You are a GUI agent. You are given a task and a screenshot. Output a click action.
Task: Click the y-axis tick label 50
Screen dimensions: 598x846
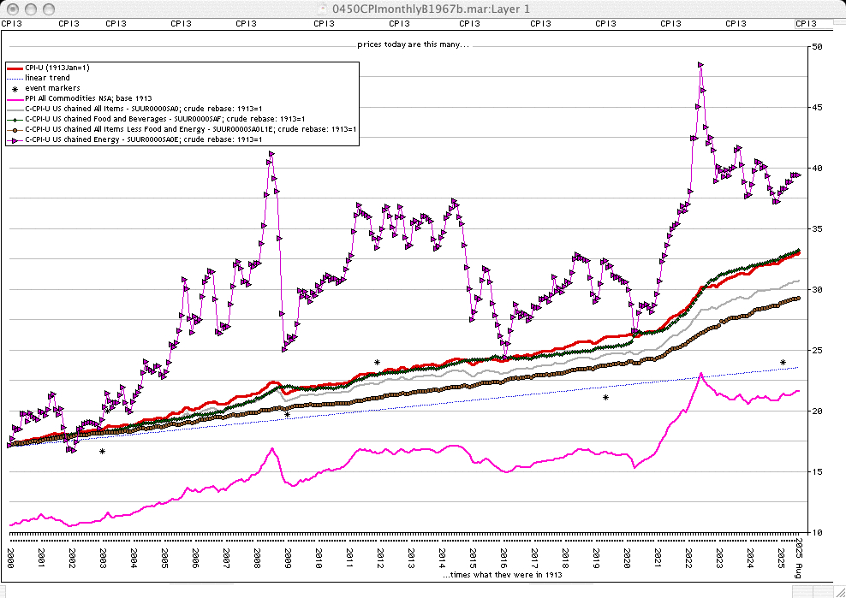coord(818,46)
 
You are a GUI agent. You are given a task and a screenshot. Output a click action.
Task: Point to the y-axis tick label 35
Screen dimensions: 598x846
coord(818,229)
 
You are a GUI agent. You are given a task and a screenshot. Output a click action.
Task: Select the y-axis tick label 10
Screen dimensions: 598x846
coord(818,533)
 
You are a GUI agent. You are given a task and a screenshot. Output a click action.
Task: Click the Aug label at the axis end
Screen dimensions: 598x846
coord(799,570)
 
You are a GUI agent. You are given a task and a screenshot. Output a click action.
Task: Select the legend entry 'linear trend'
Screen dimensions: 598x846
coord(48,78)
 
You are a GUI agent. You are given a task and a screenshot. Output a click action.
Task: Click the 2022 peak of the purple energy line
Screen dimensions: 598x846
coord(700,64)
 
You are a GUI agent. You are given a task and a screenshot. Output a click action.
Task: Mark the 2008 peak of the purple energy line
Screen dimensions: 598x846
coord(271,154)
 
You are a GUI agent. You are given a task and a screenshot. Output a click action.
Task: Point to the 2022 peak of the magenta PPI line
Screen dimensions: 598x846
coord(701,374)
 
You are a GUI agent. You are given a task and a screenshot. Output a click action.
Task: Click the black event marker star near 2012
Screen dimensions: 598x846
coord(377,363)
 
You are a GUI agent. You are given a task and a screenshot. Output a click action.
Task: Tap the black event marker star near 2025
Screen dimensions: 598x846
coord(783,363)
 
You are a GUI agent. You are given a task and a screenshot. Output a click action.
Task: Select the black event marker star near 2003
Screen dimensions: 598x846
coord(102,452)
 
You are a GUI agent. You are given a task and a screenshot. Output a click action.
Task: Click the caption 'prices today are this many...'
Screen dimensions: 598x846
coord(414,44)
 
